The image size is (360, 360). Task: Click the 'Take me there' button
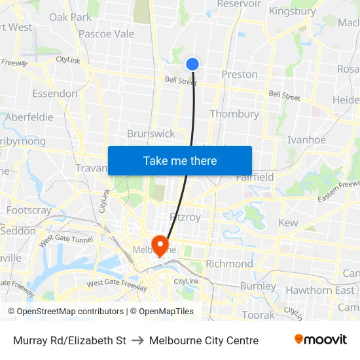coord(180,160)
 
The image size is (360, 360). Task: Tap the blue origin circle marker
coord(192,63)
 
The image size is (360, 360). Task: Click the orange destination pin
coord(160,245)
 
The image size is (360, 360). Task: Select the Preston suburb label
coord(240,75)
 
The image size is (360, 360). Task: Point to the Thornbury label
coord(234,114)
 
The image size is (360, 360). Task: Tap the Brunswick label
coord(151,134)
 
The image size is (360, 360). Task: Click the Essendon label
coord(54,94)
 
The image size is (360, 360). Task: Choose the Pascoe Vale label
coord(106,34)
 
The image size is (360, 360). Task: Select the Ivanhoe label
coord(306,139)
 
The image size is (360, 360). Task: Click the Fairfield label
coord(255,177)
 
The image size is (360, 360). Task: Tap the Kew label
coord(288,223)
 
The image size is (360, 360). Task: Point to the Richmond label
coord(229,264)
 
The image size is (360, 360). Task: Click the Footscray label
coord(28,211)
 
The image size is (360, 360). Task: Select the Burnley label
coord(258,286)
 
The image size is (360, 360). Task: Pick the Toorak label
coord(258,315)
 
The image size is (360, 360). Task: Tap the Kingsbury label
coord(292,11)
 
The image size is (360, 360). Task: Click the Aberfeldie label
coord(29,117)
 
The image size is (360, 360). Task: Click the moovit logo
coord(320,340)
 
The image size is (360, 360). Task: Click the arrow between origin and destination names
coord(137,340)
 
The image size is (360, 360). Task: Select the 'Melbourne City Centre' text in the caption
coord(204,340)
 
